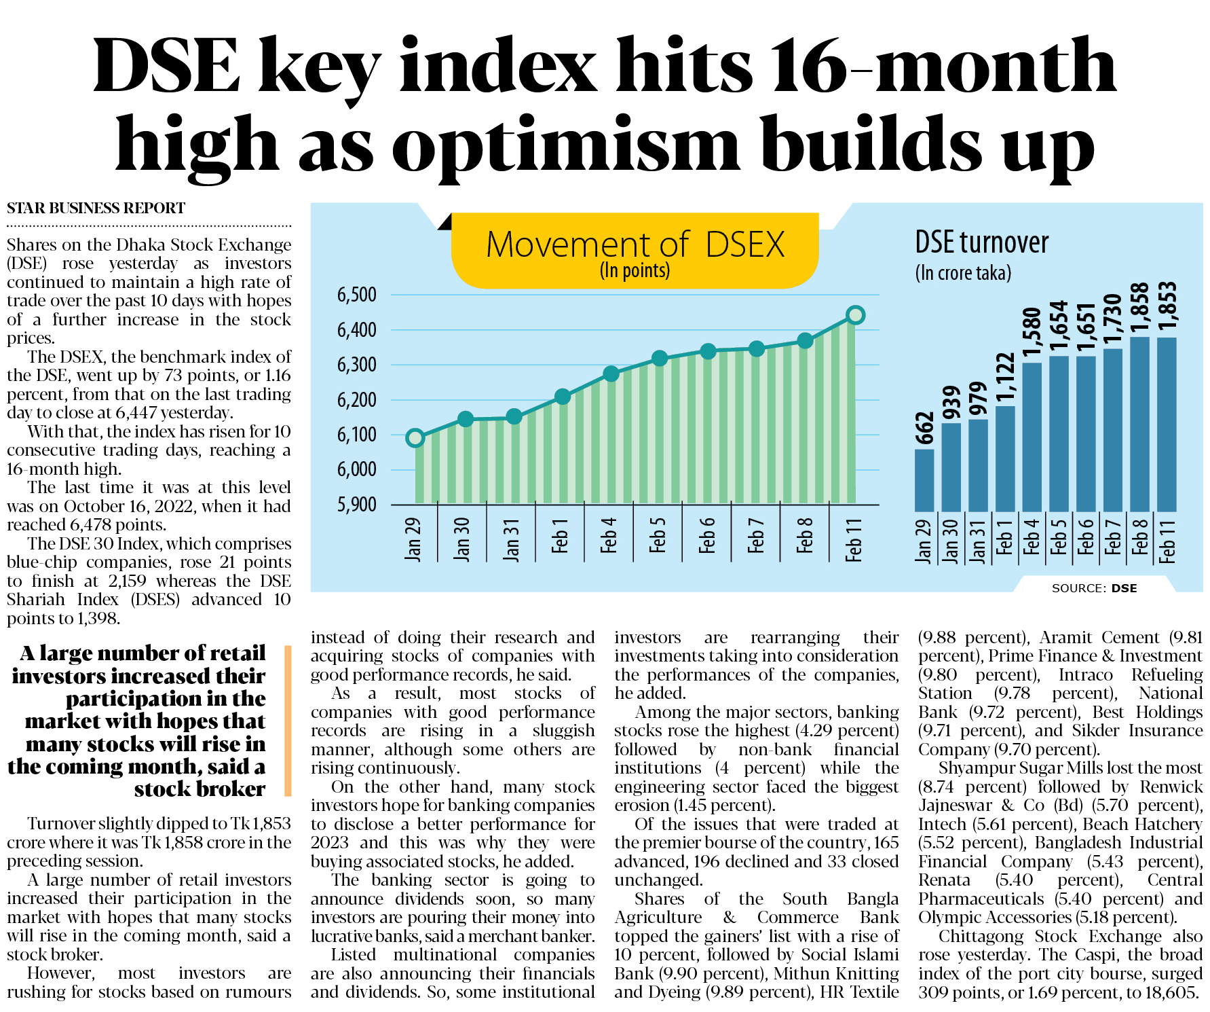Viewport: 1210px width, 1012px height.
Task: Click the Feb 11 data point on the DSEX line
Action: pyautogui.click(x=855, y=315)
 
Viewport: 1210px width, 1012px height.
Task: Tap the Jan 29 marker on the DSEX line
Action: pyautogui.click(x=415, y=438)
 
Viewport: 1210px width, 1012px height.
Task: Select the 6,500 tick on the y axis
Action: pyautogui.click(x=357, y=295)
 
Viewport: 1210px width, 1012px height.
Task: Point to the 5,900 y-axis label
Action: pyautogui.click(x=357, y=505)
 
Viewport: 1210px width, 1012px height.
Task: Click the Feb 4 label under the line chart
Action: pyautogui.click(x=609, y=535)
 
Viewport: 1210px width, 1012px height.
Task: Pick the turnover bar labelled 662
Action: pyautogui.click(x=924, y=480)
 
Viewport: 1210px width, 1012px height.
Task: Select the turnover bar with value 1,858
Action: pyautogui.click(x=1139, y=424)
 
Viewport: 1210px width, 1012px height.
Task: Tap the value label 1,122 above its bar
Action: pyautogui.click(x=1005, y=378)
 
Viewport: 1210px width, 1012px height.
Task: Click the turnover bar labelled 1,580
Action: pyautogui.click(x=1032, y=437)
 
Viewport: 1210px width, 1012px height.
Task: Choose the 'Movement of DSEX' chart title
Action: pyautogui.click(x=635, y=245)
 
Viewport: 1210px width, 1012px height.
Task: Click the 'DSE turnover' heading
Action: pyautogui.click(x=981, y=242)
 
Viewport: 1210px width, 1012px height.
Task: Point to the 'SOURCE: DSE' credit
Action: pyautogui.click(x=1094, y=588)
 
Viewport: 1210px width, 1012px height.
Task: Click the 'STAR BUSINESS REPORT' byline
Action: pyautogui.click(x=96, y=208)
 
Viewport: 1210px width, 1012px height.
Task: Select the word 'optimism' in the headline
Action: pyautogui.click(x=565, y=145)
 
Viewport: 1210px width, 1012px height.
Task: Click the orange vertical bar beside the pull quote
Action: pyautogui.click(x=288, y=721)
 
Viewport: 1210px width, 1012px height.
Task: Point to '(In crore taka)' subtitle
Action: pyautogui.click(x=963, y=273)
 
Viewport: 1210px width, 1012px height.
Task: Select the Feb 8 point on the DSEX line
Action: pyautogui.click(x=805, y=341)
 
